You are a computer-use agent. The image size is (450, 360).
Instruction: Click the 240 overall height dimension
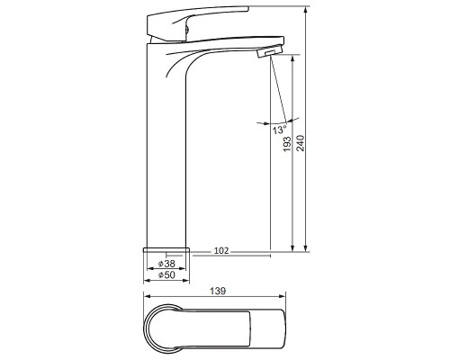point(301,143)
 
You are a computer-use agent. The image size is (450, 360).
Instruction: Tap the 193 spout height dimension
point(287,144)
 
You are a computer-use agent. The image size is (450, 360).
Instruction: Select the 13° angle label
point(279,130)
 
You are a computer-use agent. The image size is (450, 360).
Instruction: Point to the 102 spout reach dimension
point(221,250)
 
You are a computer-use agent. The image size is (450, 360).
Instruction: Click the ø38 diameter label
point(166,264)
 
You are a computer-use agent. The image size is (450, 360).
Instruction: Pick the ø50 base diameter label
point(166,274)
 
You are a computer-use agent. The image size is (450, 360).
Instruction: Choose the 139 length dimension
point(218,291)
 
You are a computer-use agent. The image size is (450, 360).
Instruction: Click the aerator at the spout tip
point(270,50)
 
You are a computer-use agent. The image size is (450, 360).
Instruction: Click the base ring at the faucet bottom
point(166,249)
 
